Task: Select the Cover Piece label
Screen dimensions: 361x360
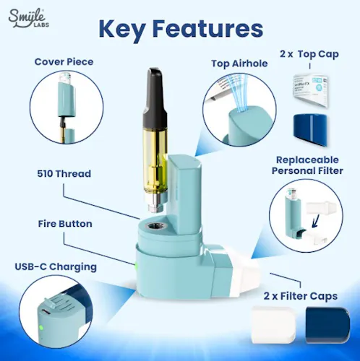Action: (64, 62)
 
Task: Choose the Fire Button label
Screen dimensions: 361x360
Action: (64, 224)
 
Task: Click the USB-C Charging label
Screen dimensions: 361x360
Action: (55, 266)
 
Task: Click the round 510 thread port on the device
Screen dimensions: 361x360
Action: (155, 227)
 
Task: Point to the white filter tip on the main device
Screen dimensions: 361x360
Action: (250, 271)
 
